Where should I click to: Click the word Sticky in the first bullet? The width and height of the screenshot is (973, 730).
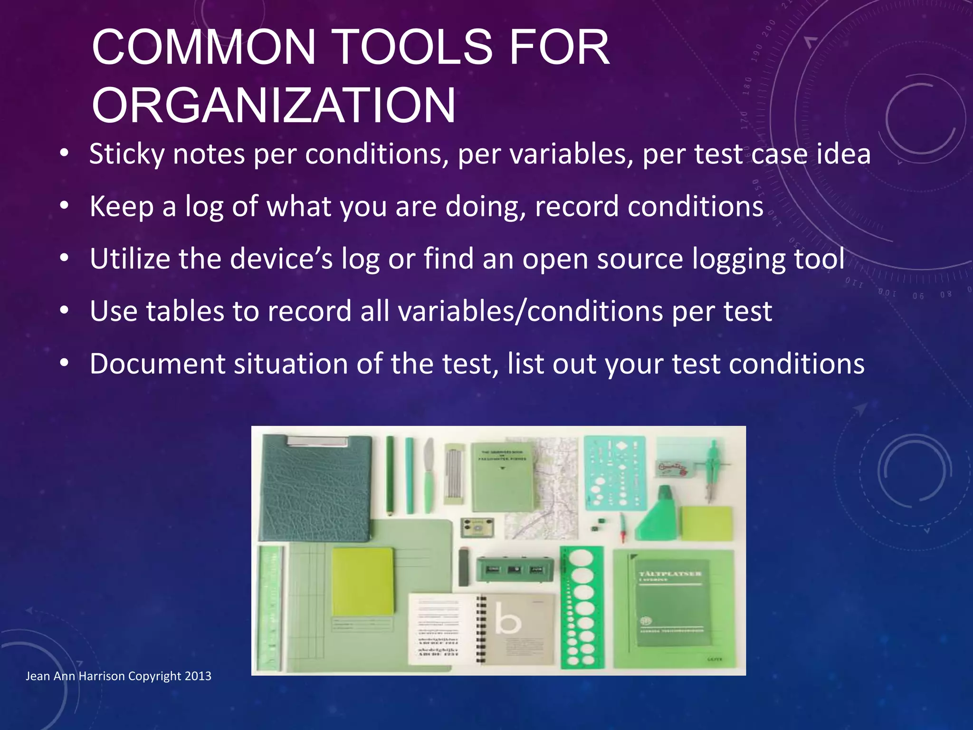click(x=127, y=154)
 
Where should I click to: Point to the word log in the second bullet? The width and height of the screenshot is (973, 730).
click(x=204, y=207)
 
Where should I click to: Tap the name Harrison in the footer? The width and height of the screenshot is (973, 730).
click(x=102, y=676)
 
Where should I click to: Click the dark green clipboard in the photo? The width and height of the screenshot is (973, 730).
click(x=315, y=490)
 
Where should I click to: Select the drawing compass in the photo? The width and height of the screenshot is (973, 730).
click(x=711, y=471)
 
